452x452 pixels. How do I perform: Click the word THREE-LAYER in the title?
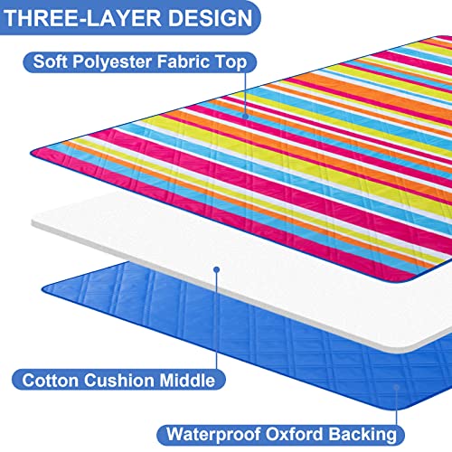point(82,18)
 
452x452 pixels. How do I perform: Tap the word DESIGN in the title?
point(210,18)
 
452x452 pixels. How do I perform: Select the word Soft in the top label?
point(50,61)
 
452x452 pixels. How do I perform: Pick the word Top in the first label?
point(231,62)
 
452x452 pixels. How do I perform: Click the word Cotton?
point(50,380)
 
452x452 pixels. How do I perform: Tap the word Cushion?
point(118,380)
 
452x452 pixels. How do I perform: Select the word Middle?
point(187,380)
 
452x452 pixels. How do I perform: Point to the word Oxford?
point(294,434)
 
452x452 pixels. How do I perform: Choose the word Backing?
point(363,435)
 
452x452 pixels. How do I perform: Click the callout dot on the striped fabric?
point(245,116)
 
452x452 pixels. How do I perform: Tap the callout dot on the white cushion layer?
point(216,269)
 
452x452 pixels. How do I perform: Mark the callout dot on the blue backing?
point(397,387)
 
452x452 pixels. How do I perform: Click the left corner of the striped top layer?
point(31,153)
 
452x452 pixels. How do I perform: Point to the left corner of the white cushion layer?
point(33,222)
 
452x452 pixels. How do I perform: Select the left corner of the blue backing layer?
point(42,290)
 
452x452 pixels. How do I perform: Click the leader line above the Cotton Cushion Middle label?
point(216,321)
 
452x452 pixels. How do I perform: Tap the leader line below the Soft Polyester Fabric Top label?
point(245,93)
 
